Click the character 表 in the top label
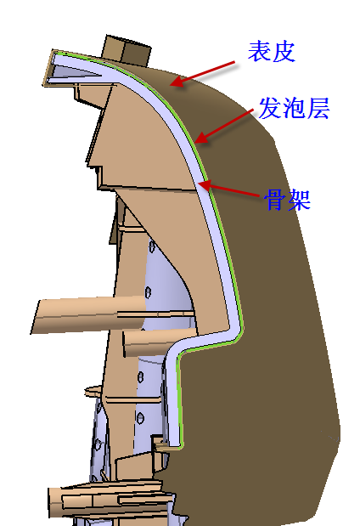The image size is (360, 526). [x=259, y=51]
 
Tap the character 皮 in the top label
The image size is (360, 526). [x=284, y=51]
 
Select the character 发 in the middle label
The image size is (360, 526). [x=270, y=108]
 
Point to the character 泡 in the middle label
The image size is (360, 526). [x=294, y=108]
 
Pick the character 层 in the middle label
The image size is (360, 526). [x=318, y=108]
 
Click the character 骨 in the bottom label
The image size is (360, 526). [x=275, y=200]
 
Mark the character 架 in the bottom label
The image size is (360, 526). [x=299, y=200]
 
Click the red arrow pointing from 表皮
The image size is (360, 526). [x=204, y=74]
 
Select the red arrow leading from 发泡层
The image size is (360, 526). [x=224, y=126]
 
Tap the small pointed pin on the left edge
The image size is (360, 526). [x=93, y=391]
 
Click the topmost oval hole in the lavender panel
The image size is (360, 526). [x=153, y=247]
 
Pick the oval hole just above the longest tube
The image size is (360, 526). [x=148, y=292]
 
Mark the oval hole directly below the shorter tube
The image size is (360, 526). [x=141, y=376]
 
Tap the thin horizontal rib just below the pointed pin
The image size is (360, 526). [x=133, y=400]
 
